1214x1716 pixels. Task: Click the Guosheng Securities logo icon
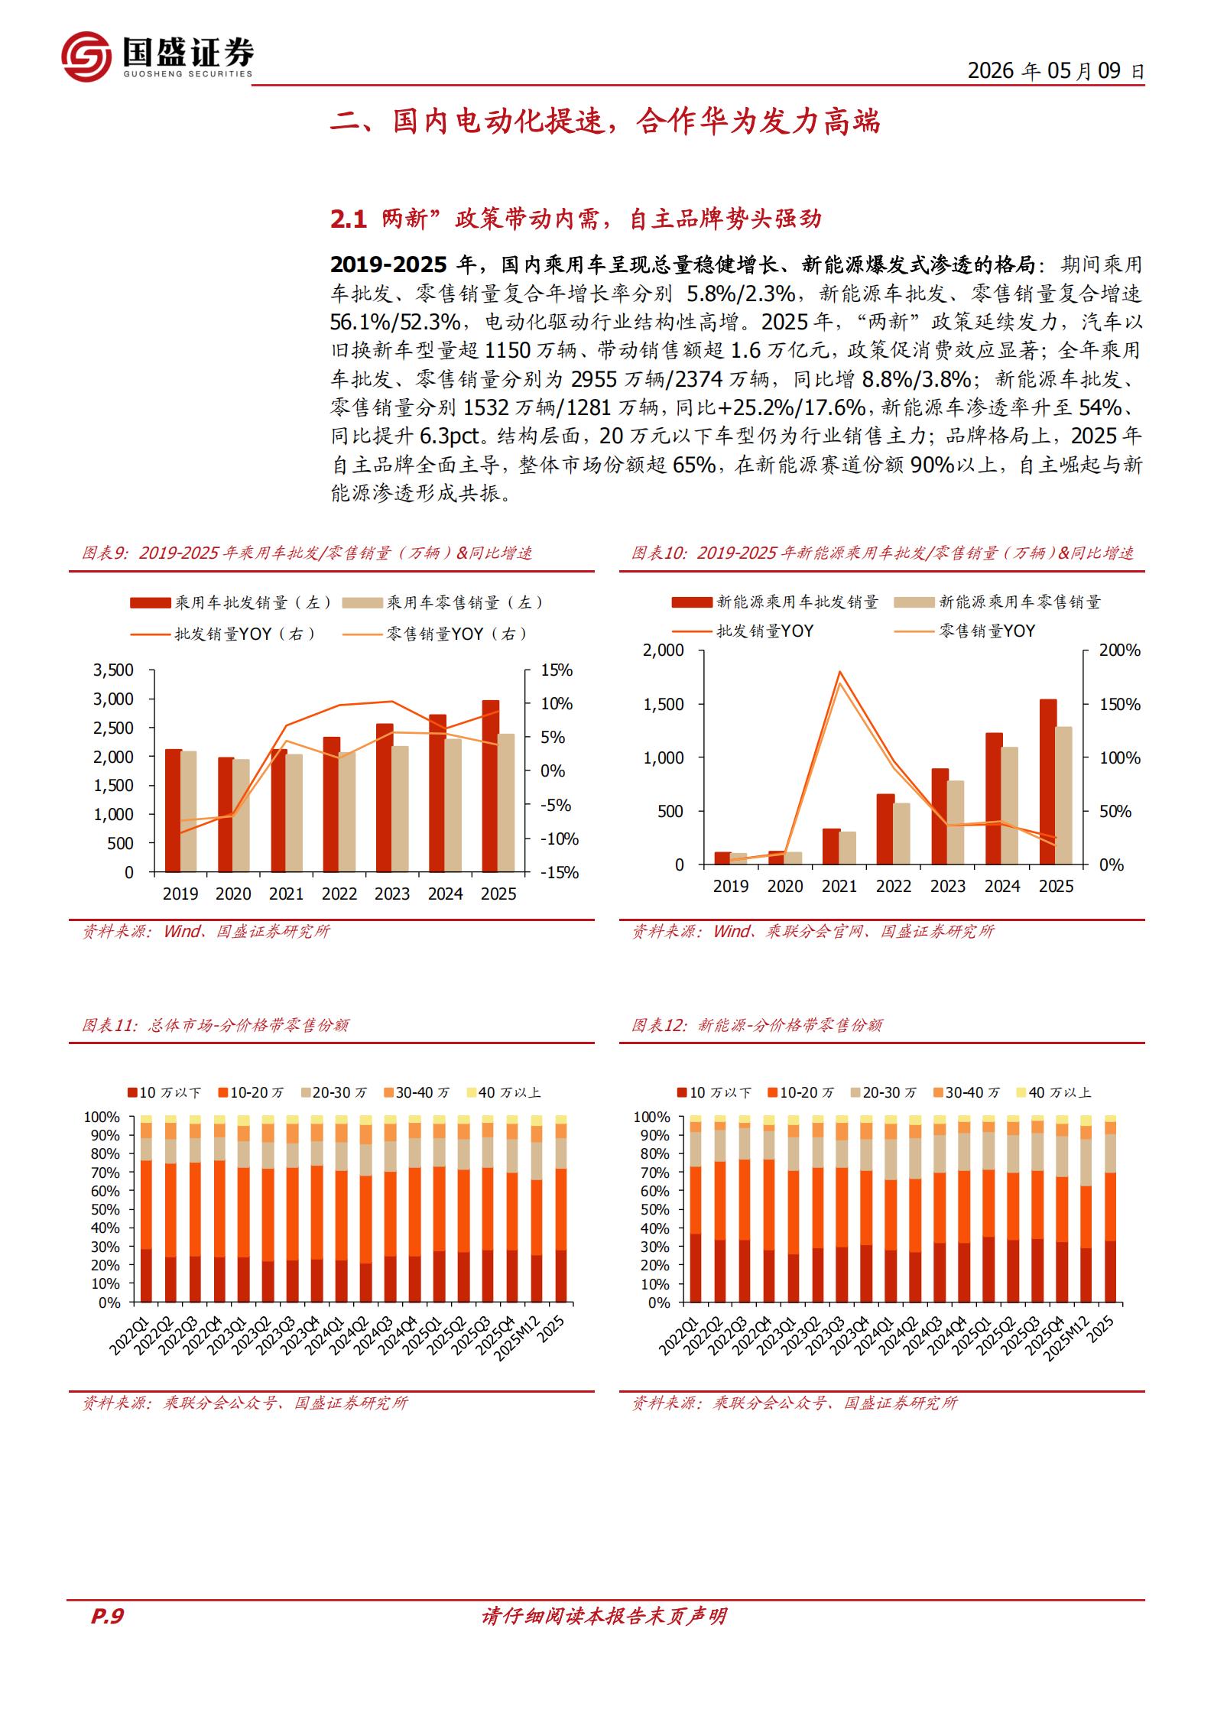click(86, 56)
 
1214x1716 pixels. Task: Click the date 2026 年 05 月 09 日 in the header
click(1056, 71)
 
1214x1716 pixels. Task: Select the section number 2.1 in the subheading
click(349, 219)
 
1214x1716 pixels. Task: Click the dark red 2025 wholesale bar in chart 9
click(491, 786)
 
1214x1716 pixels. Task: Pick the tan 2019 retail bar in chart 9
click(189, 812)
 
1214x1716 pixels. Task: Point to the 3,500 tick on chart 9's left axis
click(113, 670)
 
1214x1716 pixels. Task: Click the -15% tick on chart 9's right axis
click(560, 873)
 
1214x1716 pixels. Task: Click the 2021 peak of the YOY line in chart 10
click(839, 672)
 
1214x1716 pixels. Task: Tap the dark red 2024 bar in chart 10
click(994, 799)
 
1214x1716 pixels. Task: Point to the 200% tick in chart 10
click(1120, 650)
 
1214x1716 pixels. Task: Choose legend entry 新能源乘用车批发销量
click(775, 602)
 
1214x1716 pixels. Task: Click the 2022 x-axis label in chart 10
click(894, 886)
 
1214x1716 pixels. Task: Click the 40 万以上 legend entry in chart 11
click(504, 1092)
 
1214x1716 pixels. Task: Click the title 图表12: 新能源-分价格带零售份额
click(757, 1024)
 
